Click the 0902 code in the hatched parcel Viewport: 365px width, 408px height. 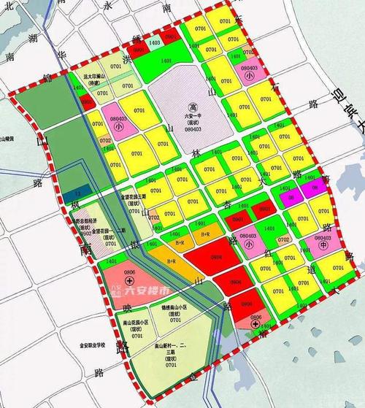point(85,234)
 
